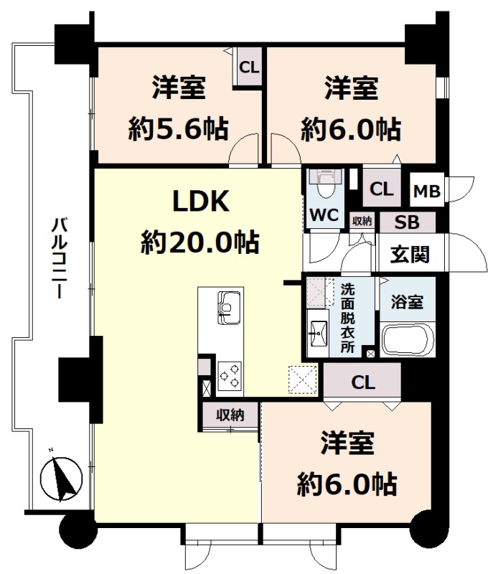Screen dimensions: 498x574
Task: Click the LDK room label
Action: point(201,201)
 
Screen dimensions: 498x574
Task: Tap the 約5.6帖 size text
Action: point(179,129)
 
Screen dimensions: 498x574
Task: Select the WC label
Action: point(324,215)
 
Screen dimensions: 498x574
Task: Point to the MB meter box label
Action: point(426,191)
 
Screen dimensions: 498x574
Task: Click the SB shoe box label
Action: point(407,222)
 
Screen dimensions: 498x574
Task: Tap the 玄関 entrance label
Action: point(410,254)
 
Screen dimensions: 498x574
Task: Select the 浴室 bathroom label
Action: point(407,302)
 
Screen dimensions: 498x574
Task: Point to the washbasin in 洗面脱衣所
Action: point(318,333)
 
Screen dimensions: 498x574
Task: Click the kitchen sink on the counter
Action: point(229,308)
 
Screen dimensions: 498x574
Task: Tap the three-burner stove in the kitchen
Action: point(229,376)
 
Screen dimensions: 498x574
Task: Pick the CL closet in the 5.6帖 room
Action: point(249,67)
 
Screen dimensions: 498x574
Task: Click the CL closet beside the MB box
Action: point(381,189)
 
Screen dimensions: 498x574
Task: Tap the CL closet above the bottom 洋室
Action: point(362,382)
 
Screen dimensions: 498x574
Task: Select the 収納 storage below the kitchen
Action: point(230,415)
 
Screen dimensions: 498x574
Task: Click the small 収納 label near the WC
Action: point(362,221)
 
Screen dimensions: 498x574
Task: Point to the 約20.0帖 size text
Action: point(200,242)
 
